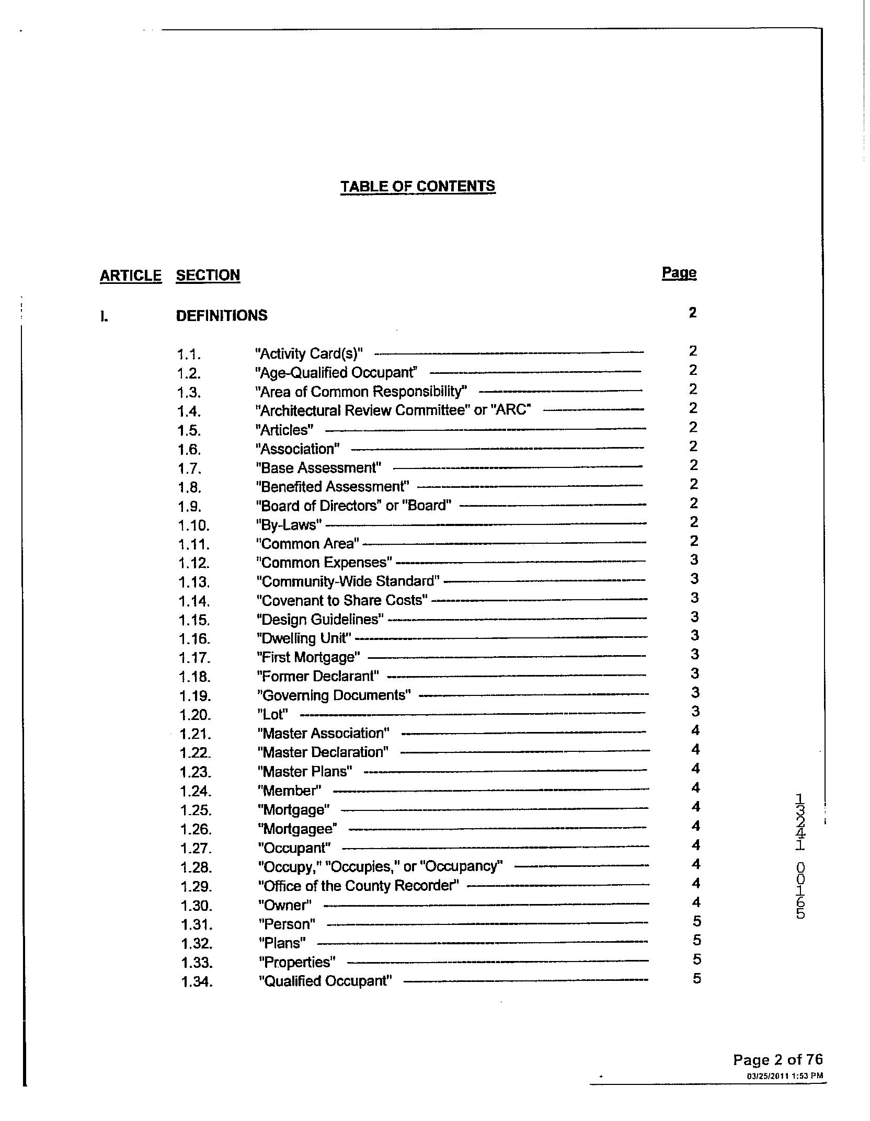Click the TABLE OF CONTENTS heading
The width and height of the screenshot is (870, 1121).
(418, 187)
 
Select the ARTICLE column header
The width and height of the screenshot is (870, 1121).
(131, 276)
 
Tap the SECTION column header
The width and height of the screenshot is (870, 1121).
(208, 276)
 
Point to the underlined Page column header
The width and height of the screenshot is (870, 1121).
(679, 273)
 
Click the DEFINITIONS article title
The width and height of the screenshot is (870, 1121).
(222, 316)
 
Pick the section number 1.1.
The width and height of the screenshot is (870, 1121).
(189, 354)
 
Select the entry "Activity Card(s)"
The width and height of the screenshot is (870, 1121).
(309, 353)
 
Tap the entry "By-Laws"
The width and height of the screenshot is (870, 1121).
(289, 524)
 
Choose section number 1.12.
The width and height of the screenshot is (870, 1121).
(194, 564)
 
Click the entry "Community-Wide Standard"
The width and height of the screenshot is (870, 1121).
(348, 581)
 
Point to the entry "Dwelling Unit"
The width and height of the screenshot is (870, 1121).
(304, 638)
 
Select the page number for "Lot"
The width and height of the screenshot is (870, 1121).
(695, 712)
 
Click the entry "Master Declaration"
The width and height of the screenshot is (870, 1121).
(323, 752)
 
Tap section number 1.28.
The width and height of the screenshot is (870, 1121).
(197, 868)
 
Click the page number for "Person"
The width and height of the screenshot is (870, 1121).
(696, 921)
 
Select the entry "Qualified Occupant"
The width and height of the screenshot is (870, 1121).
(325, 981)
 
